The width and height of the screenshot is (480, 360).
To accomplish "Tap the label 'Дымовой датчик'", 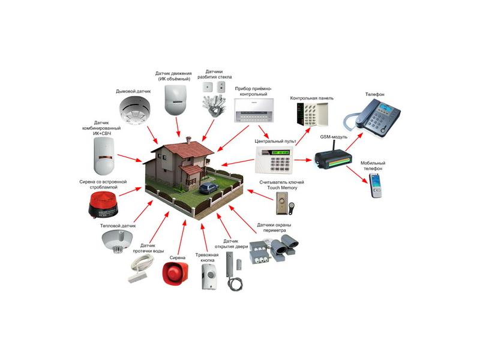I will tap(133, 91).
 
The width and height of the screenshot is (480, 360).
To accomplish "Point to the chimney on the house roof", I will tap(190, 141).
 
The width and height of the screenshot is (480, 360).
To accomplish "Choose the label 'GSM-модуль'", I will tap(334, 137).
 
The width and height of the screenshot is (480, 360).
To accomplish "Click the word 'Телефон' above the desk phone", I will tap(375, 94).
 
